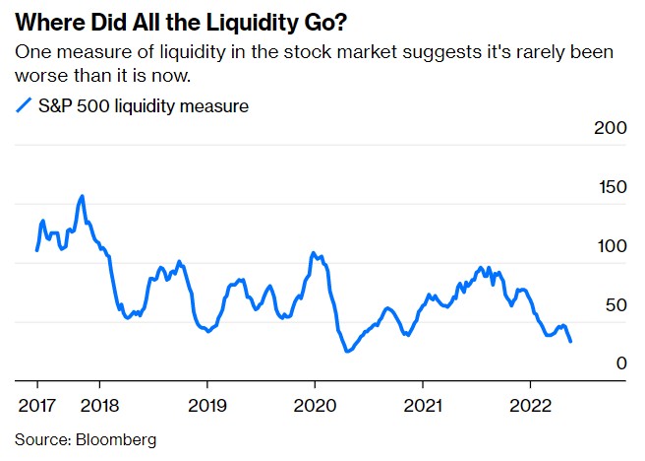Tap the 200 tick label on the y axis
tap(611, 129)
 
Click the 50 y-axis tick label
tap(616, 305)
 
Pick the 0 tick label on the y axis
tap(620, 363)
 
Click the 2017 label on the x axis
tap(36, 405)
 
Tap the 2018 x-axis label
tap(98, 405)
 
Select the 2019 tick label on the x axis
tap(206, 405)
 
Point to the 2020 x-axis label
tap(315, 405)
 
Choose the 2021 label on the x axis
tap(423, 405)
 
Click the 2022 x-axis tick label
tap(531, 405)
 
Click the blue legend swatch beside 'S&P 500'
tap(25, 106)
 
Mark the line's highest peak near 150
tap(82, 196)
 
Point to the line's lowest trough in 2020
tap(347, 351)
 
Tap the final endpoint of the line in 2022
tap(571, 341)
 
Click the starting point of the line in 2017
tap(37, 250)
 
